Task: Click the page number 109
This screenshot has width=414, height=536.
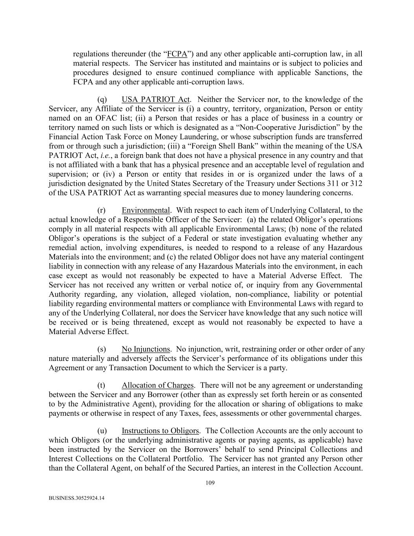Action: (x=210, y=483)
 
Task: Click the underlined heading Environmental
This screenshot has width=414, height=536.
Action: (x=146, y=210)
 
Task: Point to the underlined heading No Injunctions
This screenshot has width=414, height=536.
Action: (x=146, y=349)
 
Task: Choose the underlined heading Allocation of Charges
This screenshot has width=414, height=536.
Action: (x=157, y=385)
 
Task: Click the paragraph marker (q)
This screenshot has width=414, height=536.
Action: (x=102, y=99)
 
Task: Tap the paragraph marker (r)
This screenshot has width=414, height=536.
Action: (x=102, y=210)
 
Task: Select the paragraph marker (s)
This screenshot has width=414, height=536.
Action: (x=102, y=349)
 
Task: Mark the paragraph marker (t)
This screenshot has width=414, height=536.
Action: (x=102, y=385)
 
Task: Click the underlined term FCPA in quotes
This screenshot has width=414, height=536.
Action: (x=177, y=54)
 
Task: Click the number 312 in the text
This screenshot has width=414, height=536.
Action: (x=356, y=183)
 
